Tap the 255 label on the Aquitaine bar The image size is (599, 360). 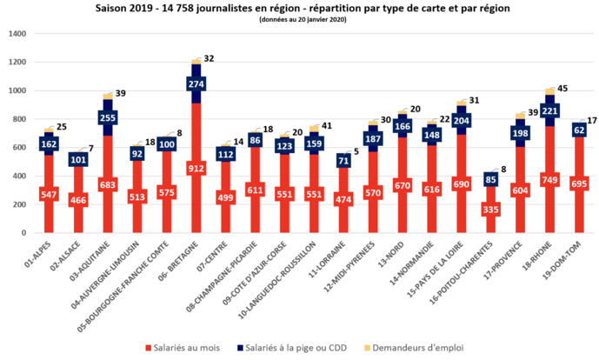point(106,118)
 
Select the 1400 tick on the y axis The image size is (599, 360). point(17,34)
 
